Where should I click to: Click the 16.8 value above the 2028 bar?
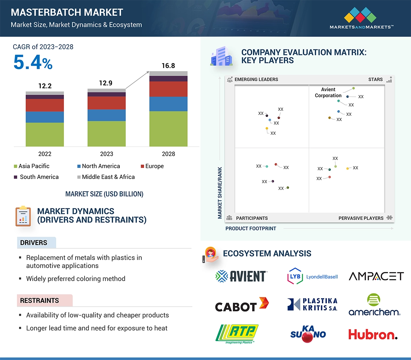click(x=168, y=66)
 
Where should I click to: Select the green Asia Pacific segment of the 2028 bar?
click(x=168, y=128)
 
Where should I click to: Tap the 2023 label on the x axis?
click(x=106, y=154)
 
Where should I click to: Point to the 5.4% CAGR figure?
click(x=33, y=62)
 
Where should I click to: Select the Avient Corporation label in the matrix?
click(x=328, y=92)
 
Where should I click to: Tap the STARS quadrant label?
click(x=376, y=79)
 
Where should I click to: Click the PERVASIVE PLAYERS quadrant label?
click(x=361, y=218)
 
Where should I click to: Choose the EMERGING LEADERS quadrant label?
click(x=256, y=79)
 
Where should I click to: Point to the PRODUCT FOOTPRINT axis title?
click(x=251, y=228)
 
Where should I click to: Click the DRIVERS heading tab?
click(x=34, y=242)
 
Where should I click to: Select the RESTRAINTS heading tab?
click(x=39, y=300)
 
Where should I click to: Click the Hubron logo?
click(x=373, y=334)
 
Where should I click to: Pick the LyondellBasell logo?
click(x=312, y=276)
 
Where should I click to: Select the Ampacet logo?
click(x=376, y=276)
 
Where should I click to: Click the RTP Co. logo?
click(x=237, y=333)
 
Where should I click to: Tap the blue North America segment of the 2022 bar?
click(x=45, y=117)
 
